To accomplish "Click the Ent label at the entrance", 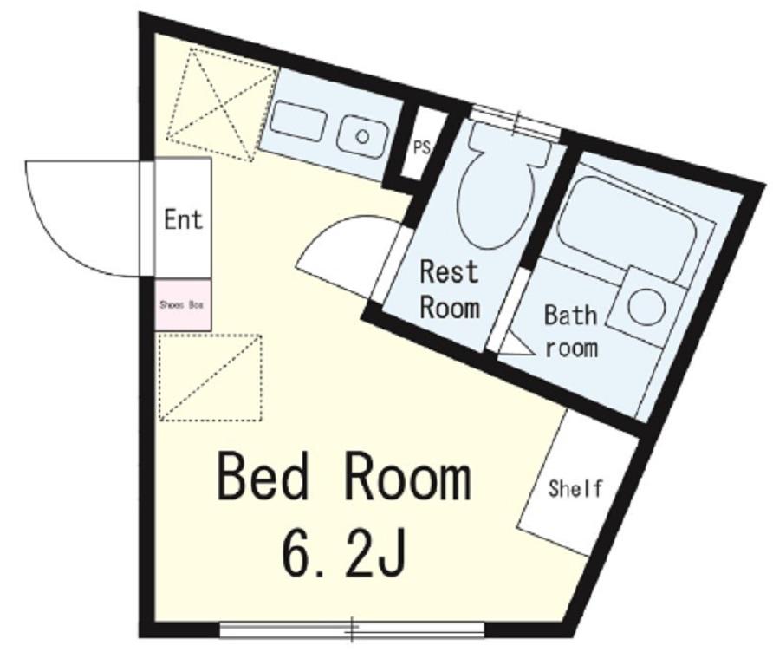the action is pyautogui.click(x=184, y=219).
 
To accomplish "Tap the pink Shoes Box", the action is pyautogui.click(x=183, y=305).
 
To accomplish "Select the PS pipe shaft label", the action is pyautogui.click(x=421, y=148).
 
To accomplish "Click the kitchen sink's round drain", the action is pyautogui.click(x=363, y=136).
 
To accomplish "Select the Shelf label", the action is pyautogui.click(x=575, y=488).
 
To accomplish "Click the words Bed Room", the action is pyautogui.click(x=344, y=478).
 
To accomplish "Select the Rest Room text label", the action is pyautogui.click(x=449, y=290).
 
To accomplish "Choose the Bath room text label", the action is pyautogui.click(x=571, y=331).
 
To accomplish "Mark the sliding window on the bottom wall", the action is pyautogui.click(x=352, y=629).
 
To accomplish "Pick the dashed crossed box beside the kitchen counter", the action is pyautogui.click(x=222, y=105).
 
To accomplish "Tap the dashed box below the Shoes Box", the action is pyautogui.click(x=211, y=378).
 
